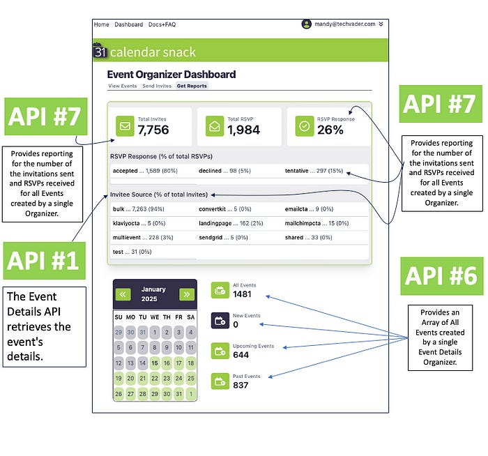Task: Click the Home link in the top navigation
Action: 101,24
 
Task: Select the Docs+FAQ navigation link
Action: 162,24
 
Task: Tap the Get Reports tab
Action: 192,86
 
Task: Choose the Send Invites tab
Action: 157,86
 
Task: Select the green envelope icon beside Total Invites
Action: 125,126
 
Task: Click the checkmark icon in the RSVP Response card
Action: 303,126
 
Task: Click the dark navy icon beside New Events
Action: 220,321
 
